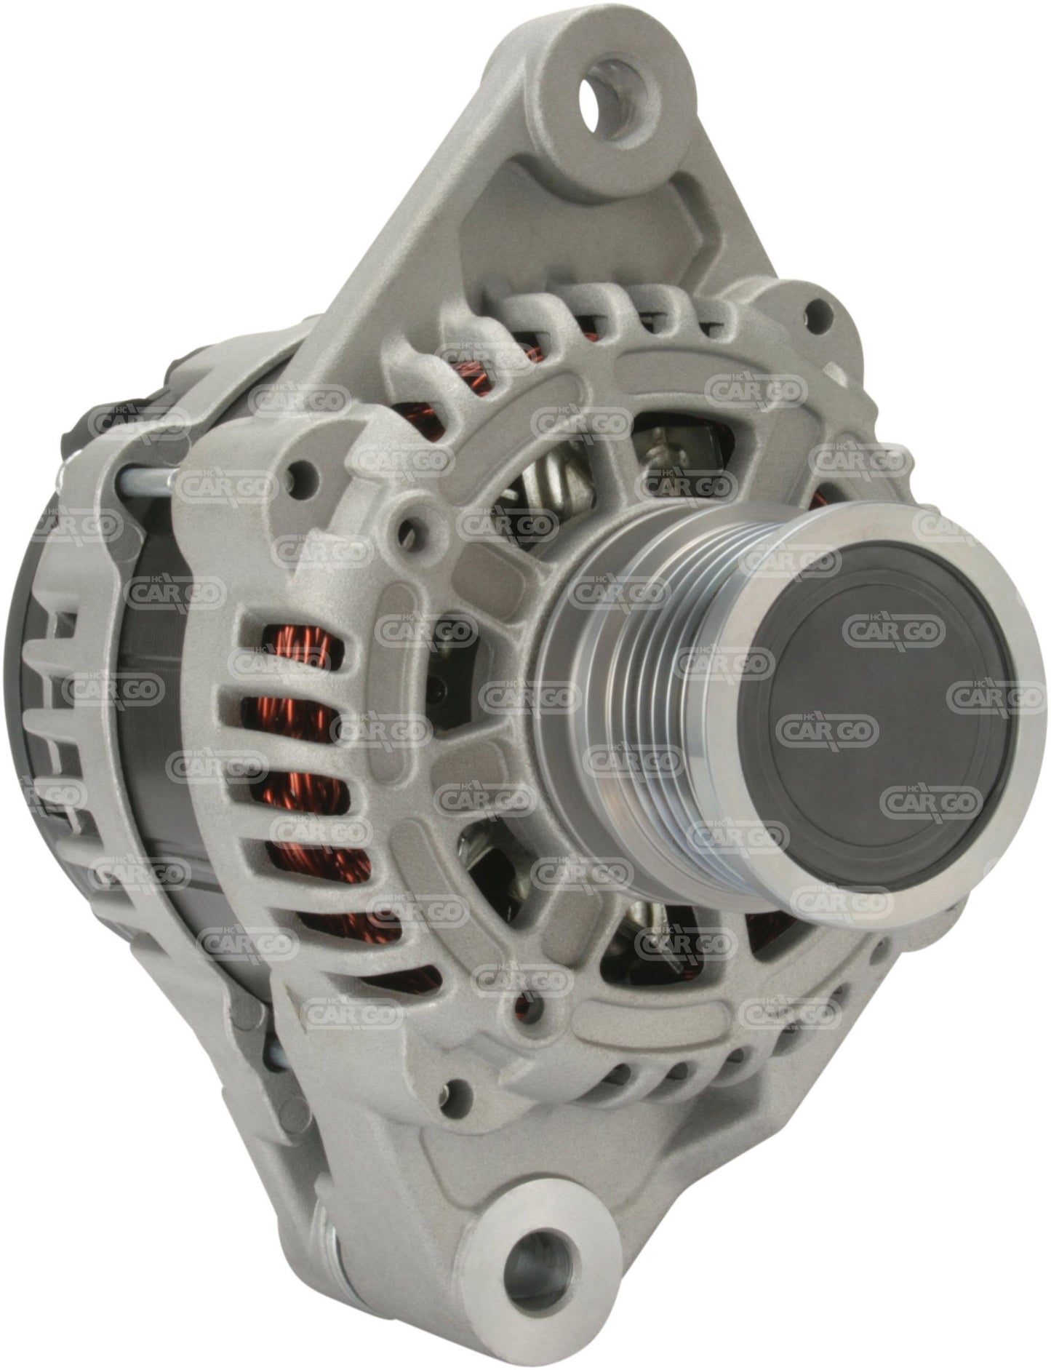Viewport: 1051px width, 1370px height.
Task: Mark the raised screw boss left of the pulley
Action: tap(409, 524)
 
